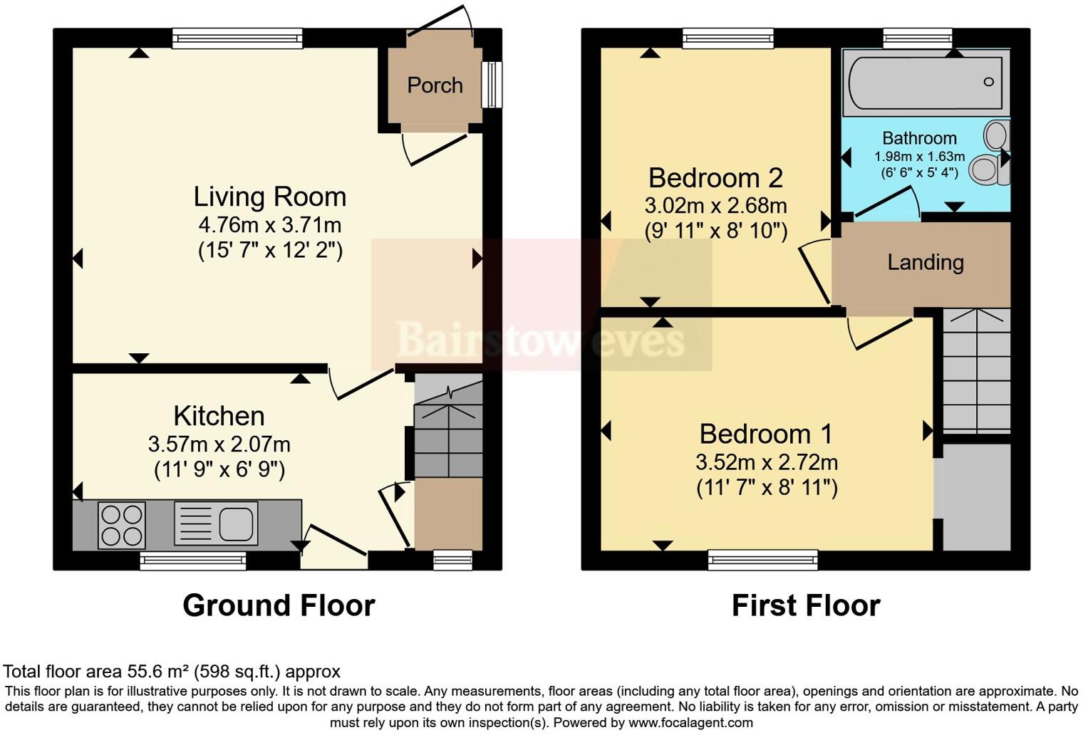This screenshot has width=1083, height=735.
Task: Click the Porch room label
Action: (435, 85)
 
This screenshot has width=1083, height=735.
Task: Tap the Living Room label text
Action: (269, 197)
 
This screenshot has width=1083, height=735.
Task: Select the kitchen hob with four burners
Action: (121, 525)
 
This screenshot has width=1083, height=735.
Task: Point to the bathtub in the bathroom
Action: (925, 82)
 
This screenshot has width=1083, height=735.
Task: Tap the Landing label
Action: (925, 262)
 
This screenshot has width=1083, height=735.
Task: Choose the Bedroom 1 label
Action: (765, 434)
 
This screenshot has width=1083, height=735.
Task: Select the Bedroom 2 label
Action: (715, 177)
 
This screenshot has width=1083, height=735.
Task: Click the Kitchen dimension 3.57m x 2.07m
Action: (219, 444)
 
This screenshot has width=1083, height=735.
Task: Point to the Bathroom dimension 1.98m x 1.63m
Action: (919, 157)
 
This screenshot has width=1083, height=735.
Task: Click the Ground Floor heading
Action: (279, 605)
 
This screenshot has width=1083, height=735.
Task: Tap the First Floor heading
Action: (806, 605)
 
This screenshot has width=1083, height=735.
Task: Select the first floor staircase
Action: (976, 370)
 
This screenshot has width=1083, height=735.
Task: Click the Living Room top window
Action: (237, 38)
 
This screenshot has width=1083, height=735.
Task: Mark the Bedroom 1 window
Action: (762, 561)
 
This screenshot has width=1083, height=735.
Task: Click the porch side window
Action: (492, 85)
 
